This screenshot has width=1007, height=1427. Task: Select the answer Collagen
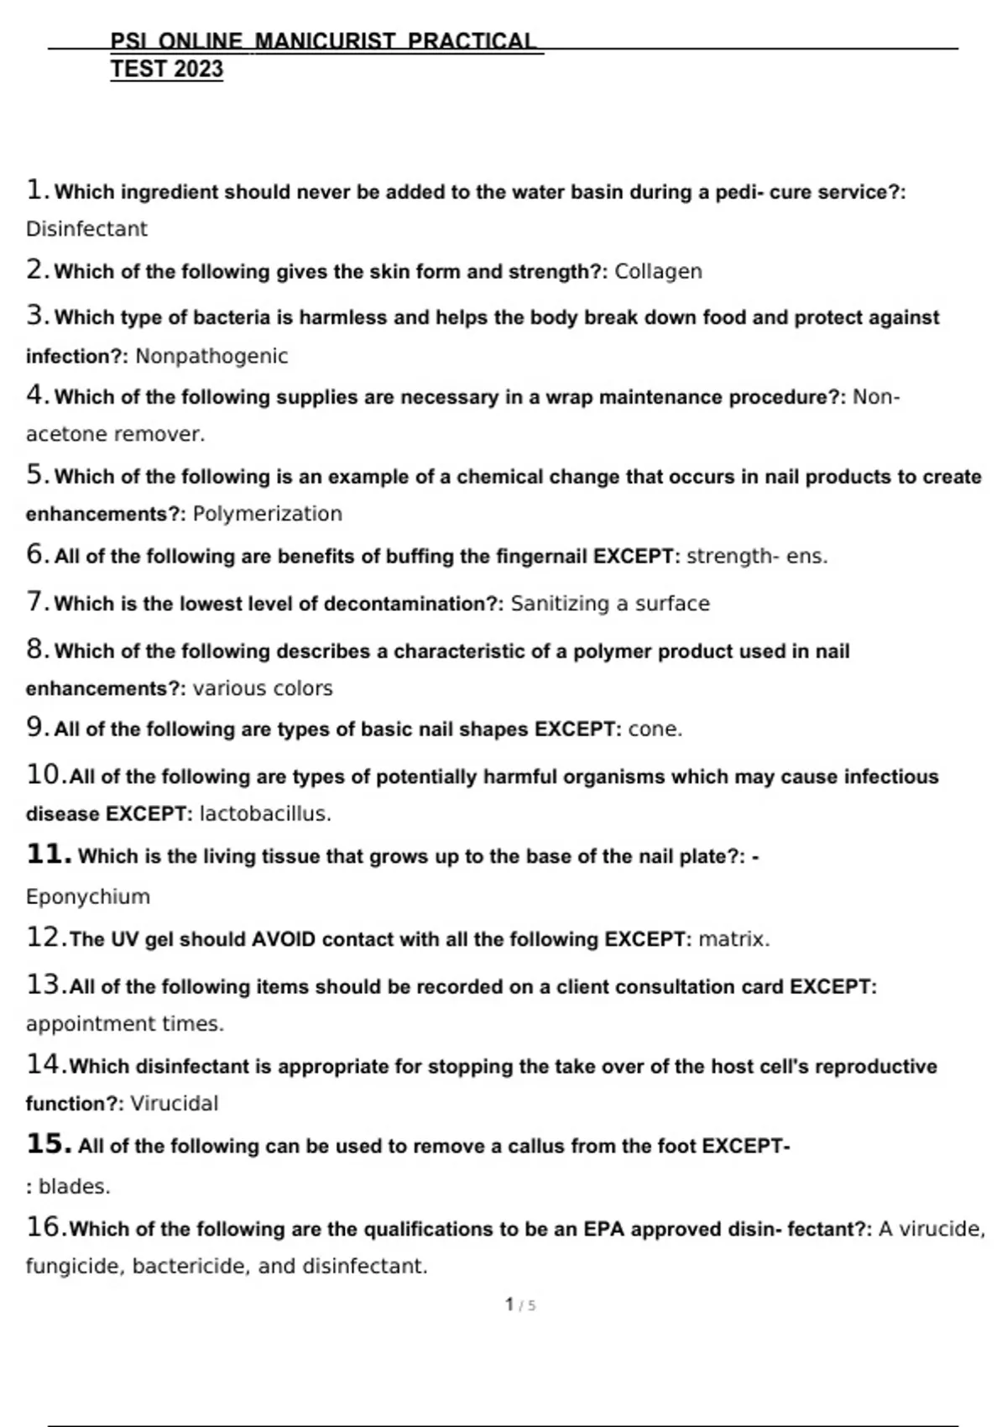point(658,272)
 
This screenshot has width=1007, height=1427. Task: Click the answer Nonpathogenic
point(211,357)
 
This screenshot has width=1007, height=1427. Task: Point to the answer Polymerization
point(268,514)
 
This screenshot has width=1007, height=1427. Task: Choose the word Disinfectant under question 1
point(86,229)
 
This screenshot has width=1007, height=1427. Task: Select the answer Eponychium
point(88,896)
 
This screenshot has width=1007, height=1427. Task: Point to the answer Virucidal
point(174,1103)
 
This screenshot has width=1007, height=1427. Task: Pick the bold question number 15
point(48,1144)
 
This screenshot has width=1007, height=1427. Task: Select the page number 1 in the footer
point(509,1304)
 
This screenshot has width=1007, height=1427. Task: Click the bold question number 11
point(48,855)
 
